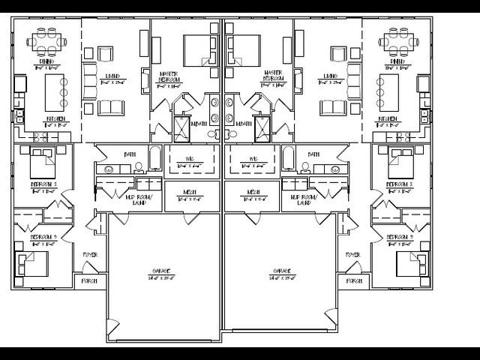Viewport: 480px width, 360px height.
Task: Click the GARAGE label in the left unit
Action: coord(162,274)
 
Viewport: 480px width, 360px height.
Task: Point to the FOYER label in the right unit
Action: coord(352,255)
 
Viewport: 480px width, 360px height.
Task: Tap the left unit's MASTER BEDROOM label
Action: coord(169,78)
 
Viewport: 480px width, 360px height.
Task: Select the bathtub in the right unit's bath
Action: coord(287,158)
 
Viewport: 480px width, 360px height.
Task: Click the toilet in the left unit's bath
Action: coord(138,168)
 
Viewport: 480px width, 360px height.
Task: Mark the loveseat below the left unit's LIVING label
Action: coord(112,107)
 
